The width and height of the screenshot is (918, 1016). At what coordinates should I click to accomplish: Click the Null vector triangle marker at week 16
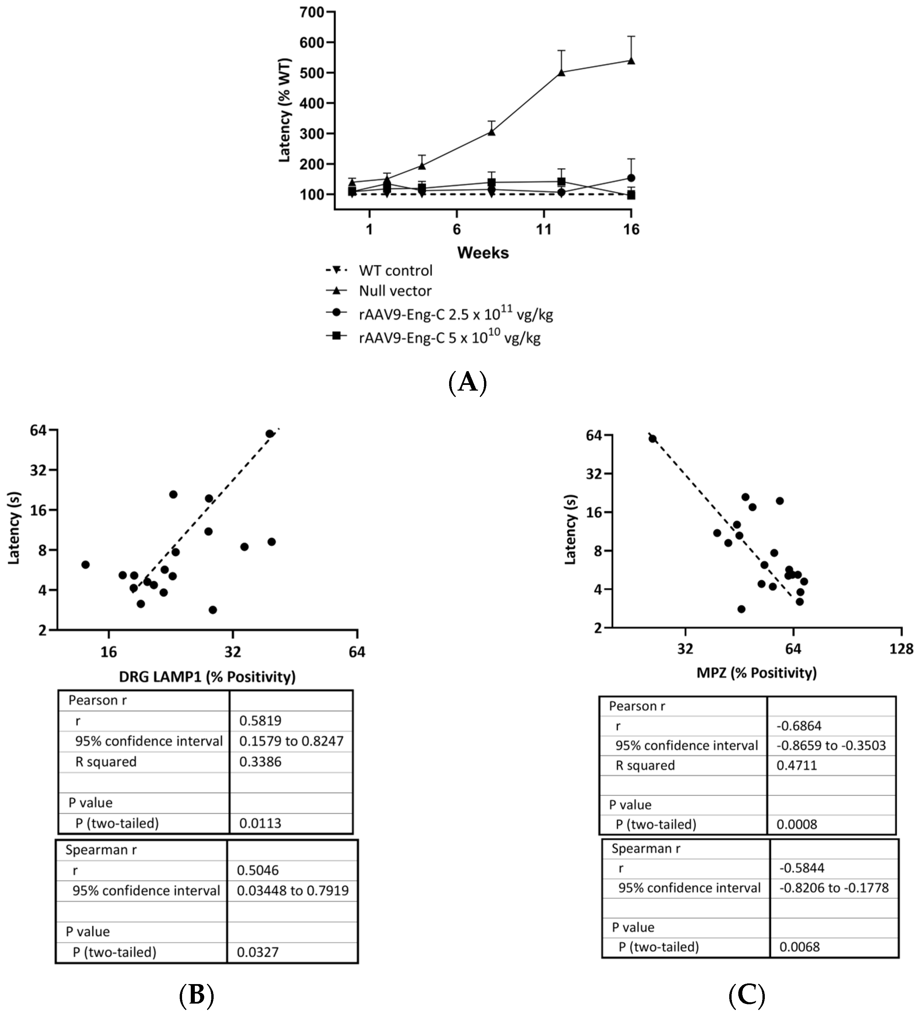click(631, 60)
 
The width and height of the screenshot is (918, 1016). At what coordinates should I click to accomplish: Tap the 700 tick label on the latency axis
click(312, 12)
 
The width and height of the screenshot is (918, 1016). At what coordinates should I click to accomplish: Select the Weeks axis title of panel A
click(482, 253)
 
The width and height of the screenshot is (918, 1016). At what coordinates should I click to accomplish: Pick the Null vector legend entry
click(395, 291)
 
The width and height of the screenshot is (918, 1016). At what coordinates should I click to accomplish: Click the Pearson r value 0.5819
click(260, 721)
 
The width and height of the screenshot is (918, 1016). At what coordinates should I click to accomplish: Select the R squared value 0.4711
click(796, 765)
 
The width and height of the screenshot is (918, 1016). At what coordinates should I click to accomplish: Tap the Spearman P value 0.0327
click(258, 952)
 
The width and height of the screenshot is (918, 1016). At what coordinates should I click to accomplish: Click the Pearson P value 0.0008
click(796, 825)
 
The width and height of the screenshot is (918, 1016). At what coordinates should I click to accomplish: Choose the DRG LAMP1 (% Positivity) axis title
click(207, 676)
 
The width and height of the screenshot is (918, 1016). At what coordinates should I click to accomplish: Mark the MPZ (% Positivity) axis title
click(756, 672)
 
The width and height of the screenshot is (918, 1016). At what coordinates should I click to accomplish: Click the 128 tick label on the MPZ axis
click(901, 649)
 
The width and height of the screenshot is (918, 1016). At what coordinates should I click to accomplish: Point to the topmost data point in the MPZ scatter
click(652, 438)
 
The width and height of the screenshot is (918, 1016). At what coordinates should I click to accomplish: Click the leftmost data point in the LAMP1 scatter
click(85, 565)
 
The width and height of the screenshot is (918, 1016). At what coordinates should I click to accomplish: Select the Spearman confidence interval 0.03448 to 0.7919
click(292, 890)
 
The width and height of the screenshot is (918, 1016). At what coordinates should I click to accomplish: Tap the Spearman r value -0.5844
click(801, 868)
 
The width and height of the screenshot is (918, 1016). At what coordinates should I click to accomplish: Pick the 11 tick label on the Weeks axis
click(543, 230)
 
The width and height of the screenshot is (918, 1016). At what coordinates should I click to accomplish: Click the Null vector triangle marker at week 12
click(561, 72)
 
